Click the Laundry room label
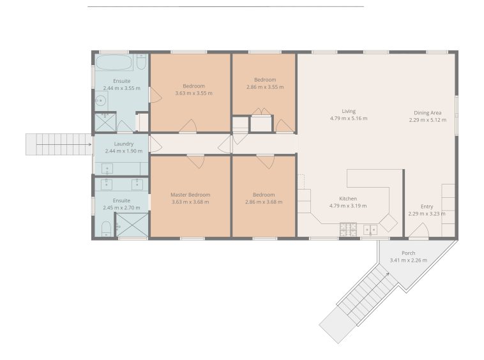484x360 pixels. (x=124, y=144)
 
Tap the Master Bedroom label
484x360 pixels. (x=190, y=195)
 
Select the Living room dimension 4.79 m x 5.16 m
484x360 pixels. (x=349, y=118)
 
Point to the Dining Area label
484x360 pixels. (x=428, y=113)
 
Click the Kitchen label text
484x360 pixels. (x=348, y=199)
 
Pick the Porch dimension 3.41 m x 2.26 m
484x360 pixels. (x=409, y=260)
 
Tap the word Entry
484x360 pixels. (x=427, y=206)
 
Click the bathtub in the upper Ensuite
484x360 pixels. (x=114, y=63)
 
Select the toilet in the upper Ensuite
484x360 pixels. (x=141, y=62)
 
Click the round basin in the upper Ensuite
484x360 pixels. (x=101, y=100)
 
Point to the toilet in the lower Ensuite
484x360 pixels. (x=106, y=229)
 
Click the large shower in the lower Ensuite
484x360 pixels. (x=132, y=225)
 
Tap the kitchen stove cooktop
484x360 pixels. (x=348, y=230)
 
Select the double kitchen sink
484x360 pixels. (x=370, y=230)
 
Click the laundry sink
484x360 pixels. (x=107, y=169)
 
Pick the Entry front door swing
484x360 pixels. (x=419, y=230)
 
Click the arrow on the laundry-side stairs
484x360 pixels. (x=64, y=144)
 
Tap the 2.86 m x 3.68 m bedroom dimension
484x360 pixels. (x=264, y=202)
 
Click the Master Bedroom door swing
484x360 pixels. (x=195, y=161)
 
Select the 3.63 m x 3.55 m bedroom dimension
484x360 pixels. (x=194, y=93)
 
